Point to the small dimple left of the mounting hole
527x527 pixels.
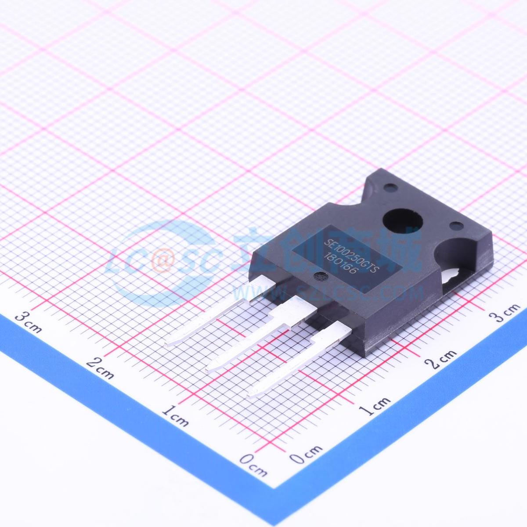[x=388, y=187]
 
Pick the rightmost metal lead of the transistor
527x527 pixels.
[x=299, y=360]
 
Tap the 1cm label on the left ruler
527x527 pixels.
[x=175, y=415]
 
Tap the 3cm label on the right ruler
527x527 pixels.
[x=505, y=313]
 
